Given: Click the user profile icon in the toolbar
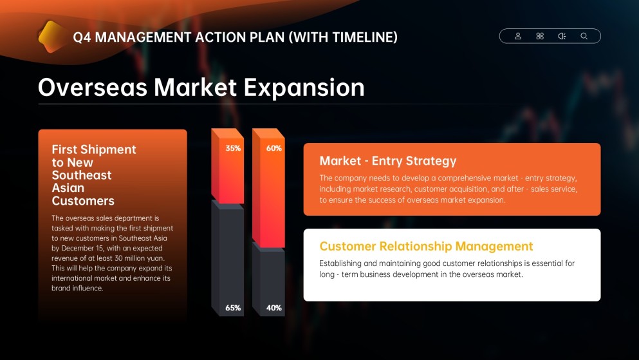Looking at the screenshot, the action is click(518, 36).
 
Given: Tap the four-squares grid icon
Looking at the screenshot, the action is click(540, 36).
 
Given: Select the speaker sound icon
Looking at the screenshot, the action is click(562, 36).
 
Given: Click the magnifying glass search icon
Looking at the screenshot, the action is click(584, 36).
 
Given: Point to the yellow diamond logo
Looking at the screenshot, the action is click(51, 37).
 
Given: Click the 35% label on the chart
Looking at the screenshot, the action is click(233, 148).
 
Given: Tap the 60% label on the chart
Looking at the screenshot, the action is click(274, 148).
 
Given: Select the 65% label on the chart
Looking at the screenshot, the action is click(233, 308).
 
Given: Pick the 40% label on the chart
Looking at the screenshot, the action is click(274, 308).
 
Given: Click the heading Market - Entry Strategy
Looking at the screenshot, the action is click(388, 161).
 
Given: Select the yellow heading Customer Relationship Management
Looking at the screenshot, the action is click(426, 246).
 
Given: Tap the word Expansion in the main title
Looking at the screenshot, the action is click(304, 88).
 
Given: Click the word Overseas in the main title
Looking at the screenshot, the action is click(93, 88).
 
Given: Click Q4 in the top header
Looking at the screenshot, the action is click(82, 37).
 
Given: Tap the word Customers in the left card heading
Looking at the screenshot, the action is click(83, 201).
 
